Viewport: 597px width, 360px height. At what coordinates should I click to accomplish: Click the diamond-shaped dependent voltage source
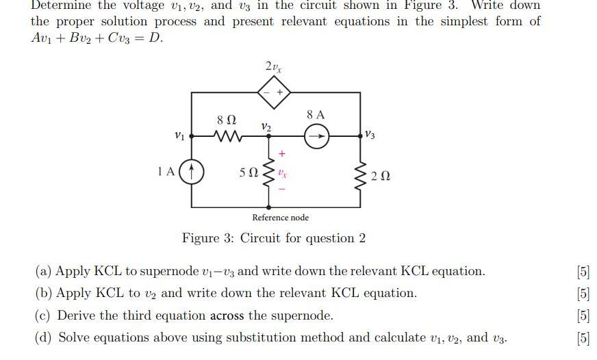274,92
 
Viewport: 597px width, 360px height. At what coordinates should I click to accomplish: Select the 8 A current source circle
316,137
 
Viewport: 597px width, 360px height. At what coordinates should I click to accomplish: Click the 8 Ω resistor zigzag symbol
227,137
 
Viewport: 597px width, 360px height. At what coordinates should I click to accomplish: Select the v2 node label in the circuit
266,127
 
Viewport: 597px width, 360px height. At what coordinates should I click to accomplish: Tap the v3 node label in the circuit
370,134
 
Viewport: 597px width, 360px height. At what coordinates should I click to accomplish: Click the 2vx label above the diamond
273,66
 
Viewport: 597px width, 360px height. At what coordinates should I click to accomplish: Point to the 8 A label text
316,115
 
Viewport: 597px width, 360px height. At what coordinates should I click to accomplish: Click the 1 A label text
166,172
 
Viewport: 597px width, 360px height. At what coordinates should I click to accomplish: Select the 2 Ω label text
381,177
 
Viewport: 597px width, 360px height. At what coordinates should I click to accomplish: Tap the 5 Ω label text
249,173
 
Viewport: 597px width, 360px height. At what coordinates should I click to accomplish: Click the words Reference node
280,218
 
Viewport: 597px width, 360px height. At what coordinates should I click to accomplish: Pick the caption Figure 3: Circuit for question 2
273,238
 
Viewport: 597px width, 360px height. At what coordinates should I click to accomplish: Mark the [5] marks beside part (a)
583,271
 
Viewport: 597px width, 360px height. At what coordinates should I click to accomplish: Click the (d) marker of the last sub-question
45,337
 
